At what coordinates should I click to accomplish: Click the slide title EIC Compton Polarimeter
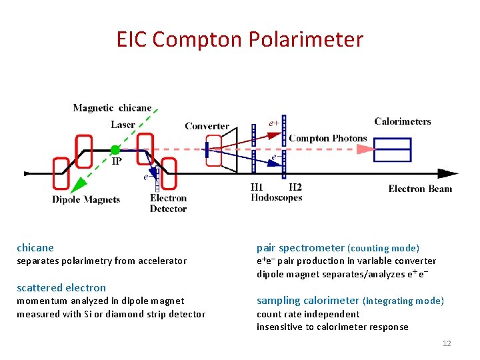pos(240,39)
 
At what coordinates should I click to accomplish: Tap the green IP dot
pos(115,150)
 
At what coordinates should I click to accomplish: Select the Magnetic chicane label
pos(112,108)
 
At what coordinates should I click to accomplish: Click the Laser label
pos(123,125)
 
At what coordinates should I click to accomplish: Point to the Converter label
pos(207,126)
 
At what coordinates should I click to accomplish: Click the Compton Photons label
pos(327,139)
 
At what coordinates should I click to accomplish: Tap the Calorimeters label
pos(403,121)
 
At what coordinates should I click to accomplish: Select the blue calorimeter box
pos(392,150)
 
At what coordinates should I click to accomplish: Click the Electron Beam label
pos(420,189)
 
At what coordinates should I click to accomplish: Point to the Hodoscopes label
pos(277,197)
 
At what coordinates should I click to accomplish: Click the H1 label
pos(257,187)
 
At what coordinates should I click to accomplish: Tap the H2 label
pos(295,187)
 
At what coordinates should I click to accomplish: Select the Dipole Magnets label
pos(87,199)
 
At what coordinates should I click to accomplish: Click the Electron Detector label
pos(168,203)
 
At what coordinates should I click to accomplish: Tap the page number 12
pos(447,343)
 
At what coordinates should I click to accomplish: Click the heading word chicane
pos(35,247)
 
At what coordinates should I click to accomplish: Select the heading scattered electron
pos(61,287)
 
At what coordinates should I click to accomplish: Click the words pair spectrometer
pos(301,247)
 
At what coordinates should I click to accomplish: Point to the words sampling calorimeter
pos(309,301)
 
